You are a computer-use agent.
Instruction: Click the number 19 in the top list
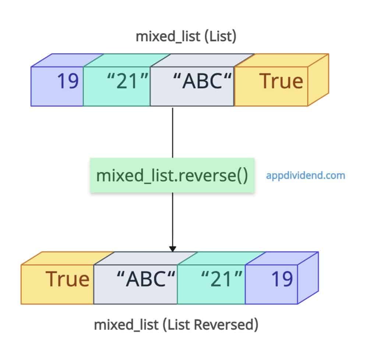68,81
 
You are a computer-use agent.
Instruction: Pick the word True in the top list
281,81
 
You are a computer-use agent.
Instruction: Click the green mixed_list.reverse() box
172,176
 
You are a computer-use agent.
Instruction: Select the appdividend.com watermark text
306,175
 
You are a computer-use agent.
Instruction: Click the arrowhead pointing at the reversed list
173,249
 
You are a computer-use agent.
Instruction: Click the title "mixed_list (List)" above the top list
186,38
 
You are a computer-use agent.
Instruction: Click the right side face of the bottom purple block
308,278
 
